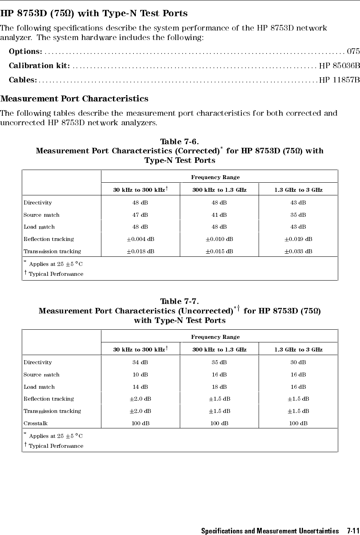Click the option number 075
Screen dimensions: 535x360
point(353,51)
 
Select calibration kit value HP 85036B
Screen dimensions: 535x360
point(339,65)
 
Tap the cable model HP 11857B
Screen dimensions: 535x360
point(339,80)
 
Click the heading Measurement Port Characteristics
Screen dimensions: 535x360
point(74,98)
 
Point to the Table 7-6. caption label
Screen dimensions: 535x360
point(179,141)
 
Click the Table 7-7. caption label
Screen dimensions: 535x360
point(179,302)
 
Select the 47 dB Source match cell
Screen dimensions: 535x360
point(140,215)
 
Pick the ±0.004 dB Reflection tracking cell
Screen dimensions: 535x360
point(140,239)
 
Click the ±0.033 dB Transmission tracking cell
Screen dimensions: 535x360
point(298,251)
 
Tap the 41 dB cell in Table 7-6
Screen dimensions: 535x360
point(219,215)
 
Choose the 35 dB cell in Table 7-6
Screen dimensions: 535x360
point(298,215)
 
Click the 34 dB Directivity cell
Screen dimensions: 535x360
point(140,362)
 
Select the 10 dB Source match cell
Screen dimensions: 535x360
point(140,374)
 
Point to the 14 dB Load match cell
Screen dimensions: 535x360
point(140,387)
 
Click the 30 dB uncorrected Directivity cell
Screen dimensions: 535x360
point(298,362)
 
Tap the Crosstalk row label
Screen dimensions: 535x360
point(36,423)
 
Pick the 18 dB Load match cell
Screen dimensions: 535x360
point(219,387)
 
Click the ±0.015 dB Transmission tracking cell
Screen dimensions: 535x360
point(219,251)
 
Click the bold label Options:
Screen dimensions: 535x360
point(26,51)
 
